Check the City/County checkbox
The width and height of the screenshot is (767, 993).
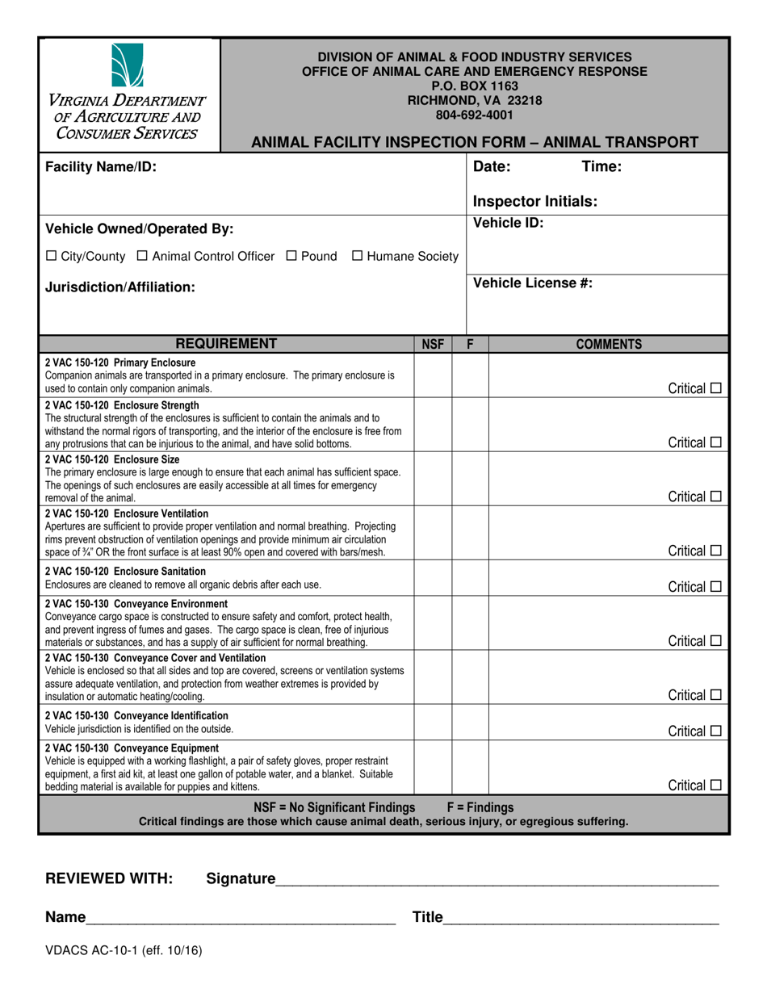point(52,257)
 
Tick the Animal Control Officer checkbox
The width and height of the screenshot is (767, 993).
point(142,257)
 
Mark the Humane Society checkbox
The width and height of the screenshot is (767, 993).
point(357,257)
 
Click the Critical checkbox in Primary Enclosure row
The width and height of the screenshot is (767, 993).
point(715,389)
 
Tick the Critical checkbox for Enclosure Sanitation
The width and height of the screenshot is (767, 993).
point(715,587)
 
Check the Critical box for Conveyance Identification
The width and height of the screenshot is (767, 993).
point(715,731)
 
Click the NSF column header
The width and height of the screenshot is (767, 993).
point(433,345)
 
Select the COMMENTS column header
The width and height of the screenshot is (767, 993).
point(609,345)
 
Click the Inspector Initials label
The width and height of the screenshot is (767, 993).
point(534,202)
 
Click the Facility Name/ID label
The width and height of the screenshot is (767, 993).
point(101,167)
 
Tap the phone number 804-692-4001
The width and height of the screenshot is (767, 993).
point(475,115)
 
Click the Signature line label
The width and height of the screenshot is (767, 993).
point(241,879)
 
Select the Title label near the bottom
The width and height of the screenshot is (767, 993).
point(428,917)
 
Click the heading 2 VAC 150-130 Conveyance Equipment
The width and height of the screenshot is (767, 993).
point(132,748)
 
